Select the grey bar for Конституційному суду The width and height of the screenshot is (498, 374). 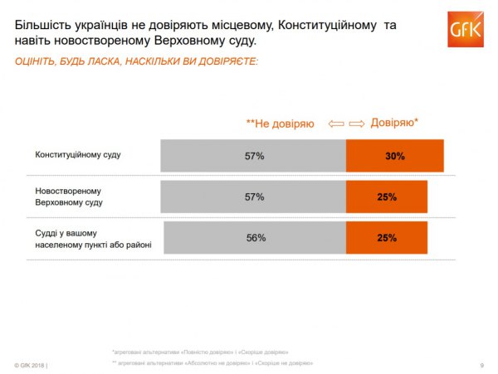(x=253, y=155)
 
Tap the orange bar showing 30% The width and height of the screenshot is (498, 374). (x=394, y=155)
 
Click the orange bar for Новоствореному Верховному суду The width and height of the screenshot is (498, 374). (x=386, y=197)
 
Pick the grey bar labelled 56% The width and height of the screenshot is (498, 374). (x=255, y=237)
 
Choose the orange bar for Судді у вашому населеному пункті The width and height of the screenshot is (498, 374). (x=386, y=237)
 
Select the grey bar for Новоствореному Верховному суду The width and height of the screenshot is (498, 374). (x=253, y=197)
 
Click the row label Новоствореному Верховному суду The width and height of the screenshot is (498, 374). (x=72, y=197)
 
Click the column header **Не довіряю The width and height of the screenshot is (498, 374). (x=281, y=124)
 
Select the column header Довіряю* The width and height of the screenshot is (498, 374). (x=394, y=123)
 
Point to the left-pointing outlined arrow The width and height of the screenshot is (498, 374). (x=335, y=124)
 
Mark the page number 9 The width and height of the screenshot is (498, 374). (x=482, y=366)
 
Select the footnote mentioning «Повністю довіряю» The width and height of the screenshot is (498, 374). (x=200, y=352)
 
